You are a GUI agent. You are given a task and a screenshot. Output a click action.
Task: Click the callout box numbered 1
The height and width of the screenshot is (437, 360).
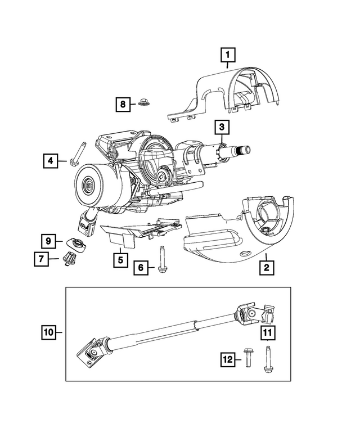point(228,55)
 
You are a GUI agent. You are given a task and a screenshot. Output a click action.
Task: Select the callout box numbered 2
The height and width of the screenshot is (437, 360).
point(267,267)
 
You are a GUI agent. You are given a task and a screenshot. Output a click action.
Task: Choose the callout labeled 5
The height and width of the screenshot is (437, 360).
point(120,259)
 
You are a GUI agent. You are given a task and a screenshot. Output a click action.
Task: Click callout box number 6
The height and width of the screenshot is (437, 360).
point(142,269)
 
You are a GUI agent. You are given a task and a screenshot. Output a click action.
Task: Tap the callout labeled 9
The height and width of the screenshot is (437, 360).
point(50,241)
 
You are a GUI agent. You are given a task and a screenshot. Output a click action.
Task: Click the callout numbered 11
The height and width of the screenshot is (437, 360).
point(268,334)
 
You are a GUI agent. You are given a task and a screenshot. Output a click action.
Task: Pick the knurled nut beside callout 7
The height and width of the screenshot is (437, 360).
point(70,259)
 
